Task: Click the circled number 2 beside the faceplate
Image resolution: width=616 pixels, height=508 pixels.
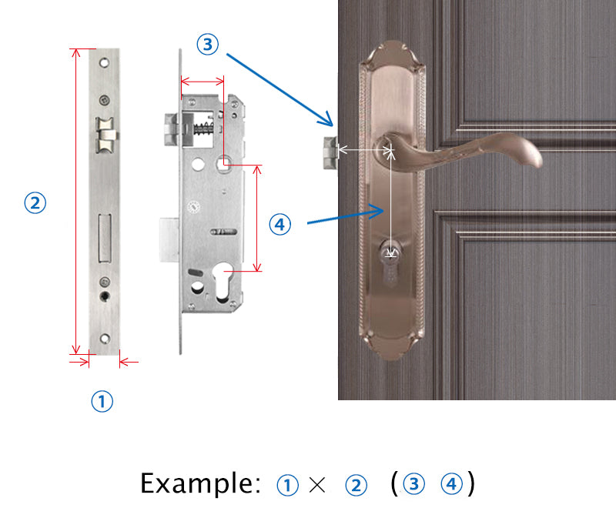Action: (35, 202)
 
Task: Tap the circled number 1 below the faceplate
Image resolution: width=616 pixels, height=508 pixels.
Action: (102, 401)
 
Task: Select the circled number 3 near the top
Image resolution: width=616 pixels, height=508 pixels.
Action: (207, 44)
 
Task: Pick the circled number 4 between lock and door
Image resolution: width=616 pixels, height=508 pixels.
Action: (280, 225)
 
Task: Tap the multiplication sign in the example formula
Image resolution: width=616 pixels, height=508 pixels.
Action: (317, 485)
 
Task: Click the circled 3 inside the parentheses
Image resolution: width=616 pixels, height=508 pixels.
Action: (413, 484)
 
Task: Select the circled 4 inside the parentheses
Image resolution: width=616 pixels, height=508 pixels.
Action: (451, 484)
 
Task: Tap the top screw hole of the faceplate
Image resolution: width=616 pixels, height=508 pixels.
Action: (104, 62)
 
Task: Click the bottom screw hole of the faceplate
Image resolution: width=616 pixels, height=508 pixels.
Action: (105, 339)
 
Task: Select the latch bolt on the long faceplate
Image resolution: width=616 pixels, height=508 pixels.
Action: (105, 135)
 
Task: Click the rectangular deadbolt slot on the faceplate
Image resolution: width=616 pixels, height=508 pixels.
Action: (105, 238)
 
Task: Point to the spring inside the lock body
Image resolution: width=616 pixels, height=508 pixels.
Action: (203, 129)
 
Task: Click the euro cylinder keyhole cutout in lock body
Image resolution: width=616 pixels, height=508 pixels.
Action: (223, 282)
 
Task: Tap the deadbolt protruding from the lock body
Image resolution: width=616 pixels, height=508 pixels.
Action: (169, 240)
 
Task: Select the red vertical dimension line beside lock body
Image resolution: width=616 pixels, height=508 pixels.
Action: (257, 219)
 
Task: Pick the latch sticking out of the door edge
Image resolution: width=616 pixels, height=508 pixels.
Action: (330, 152)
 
